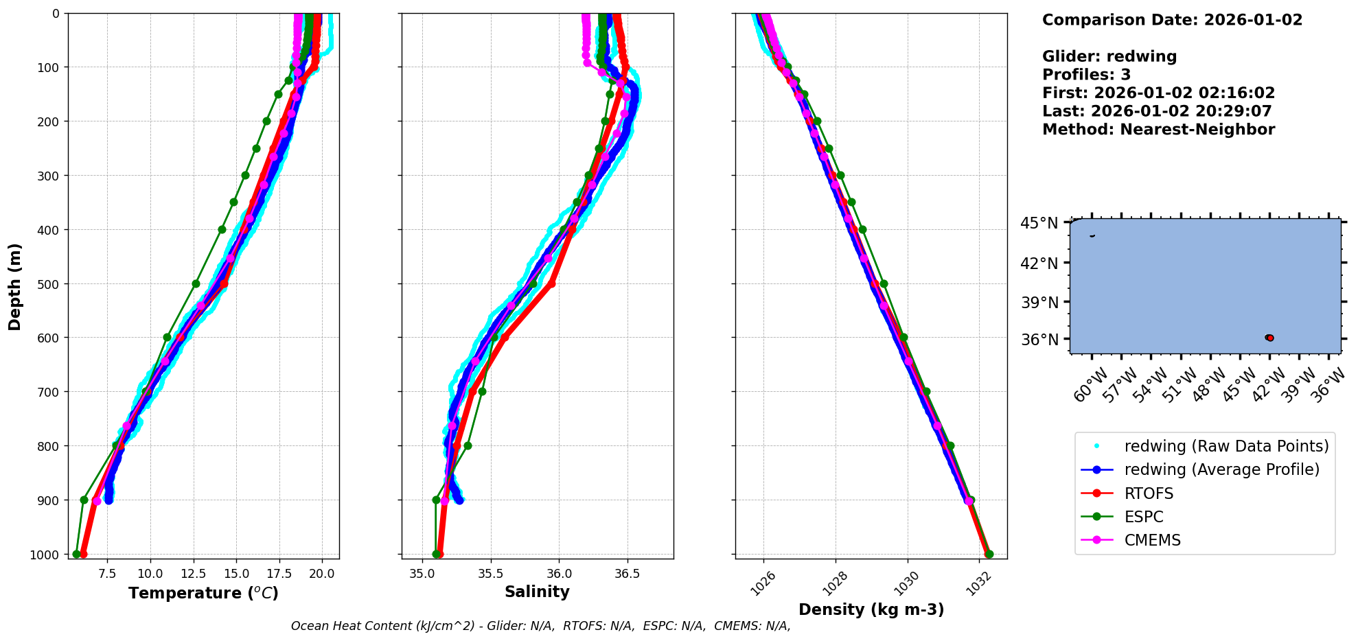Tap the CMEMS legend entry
pos(1152,540)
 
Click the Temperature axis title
pos(203,593)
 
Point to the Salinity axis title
pos(537,592)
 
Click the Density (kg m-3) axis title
pos(871,609)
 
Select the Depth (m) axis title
pos(15,286)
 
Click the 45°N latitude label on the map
pos(1039,223)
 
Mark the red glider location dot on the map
pos(1270,338)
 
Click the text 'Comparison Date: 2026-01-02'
pos(1172,20)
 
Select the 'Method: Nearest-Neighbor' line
pos(1158,130)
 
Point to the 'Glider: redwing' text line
pos(1109,57)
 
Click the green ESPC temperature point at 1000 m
pos(76,554)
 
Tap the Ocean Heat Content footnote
pos(540,626)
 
